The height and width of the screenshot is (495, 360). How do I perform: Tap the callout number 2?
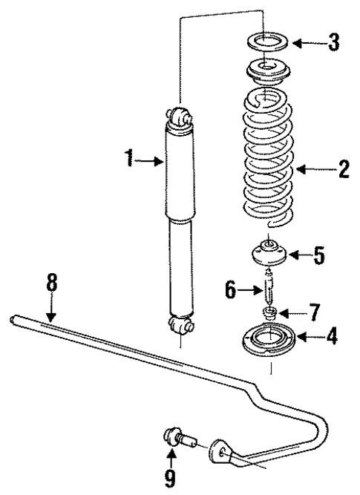pyautogui.click(x=343, y=170)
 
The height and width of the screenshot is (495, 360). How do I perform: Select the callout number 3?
pyautogui.click(x=334, y=42)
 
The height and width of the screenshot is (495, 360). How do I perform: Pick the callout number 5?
pyautogui.click(x=318, y=258)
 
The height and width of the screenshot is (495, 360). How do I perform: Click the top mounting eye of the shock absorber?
pyautogui.click(x=180, y=117)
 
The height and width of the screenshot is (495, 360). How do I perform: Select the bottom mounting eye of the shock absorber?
pyautogui.click(x=180, y=325)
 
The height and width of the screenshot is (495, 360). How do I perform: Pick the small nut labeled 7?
pyautogui.click(x=270, y=311)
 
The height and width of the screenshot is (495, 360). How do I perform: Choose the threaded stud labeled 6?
pyautogui.click(x=269, y=285)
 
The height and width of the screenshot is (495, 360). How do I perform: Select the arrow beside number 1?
pyautogui.click(x=152, y=159)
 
